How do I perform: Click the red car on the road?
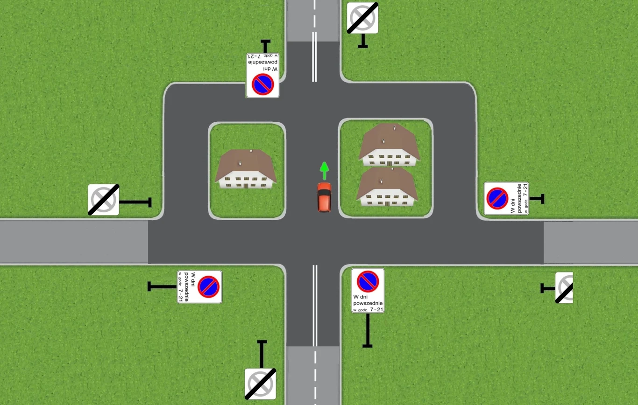[324, 197]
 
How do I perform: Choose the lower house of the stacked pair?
[386, 187]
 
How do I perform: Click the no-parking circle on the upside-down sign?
[262, 84]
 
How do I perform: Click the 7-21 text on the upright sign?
[376, 309]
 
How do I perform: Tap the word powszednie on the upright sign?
[368, 303]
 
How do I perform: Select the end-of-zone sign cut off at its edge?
[564, 287]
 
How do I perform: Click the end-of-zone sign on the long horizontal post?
[104, 200]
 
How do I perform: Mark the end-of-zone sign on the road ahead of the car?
[362, 18]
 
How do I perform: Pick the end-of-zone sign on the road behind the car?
[260, 384]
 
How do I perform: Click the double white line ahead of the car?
[314, 57]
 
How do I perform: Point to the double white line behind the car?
[315, 305]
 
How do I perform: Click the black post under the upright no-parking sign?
[368, 330]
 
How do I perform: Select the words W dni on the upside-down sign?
[270, 70]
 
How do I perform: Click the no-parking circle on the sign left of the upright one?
[208, 286]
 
